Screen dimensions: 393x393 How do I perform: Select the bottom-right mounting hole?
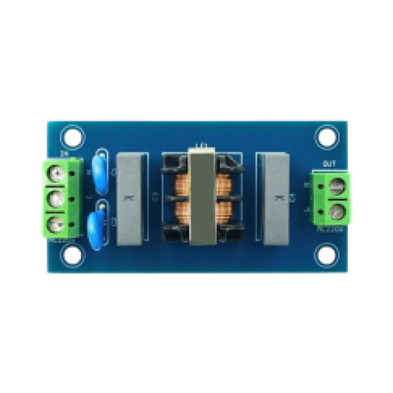[325, 255]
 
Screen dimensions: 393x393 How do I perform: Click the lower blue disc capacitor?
[98, 226]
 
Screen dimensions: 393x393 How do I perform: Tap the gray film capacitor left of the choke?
[131, 199]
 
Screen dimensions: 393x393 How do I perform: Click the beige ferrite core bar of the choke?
[201, 199]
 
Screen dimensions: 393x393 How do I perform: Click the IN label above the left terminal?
[63, 154]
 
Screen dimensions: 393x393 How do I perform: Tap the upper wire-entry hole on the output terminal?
[320, 186]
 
